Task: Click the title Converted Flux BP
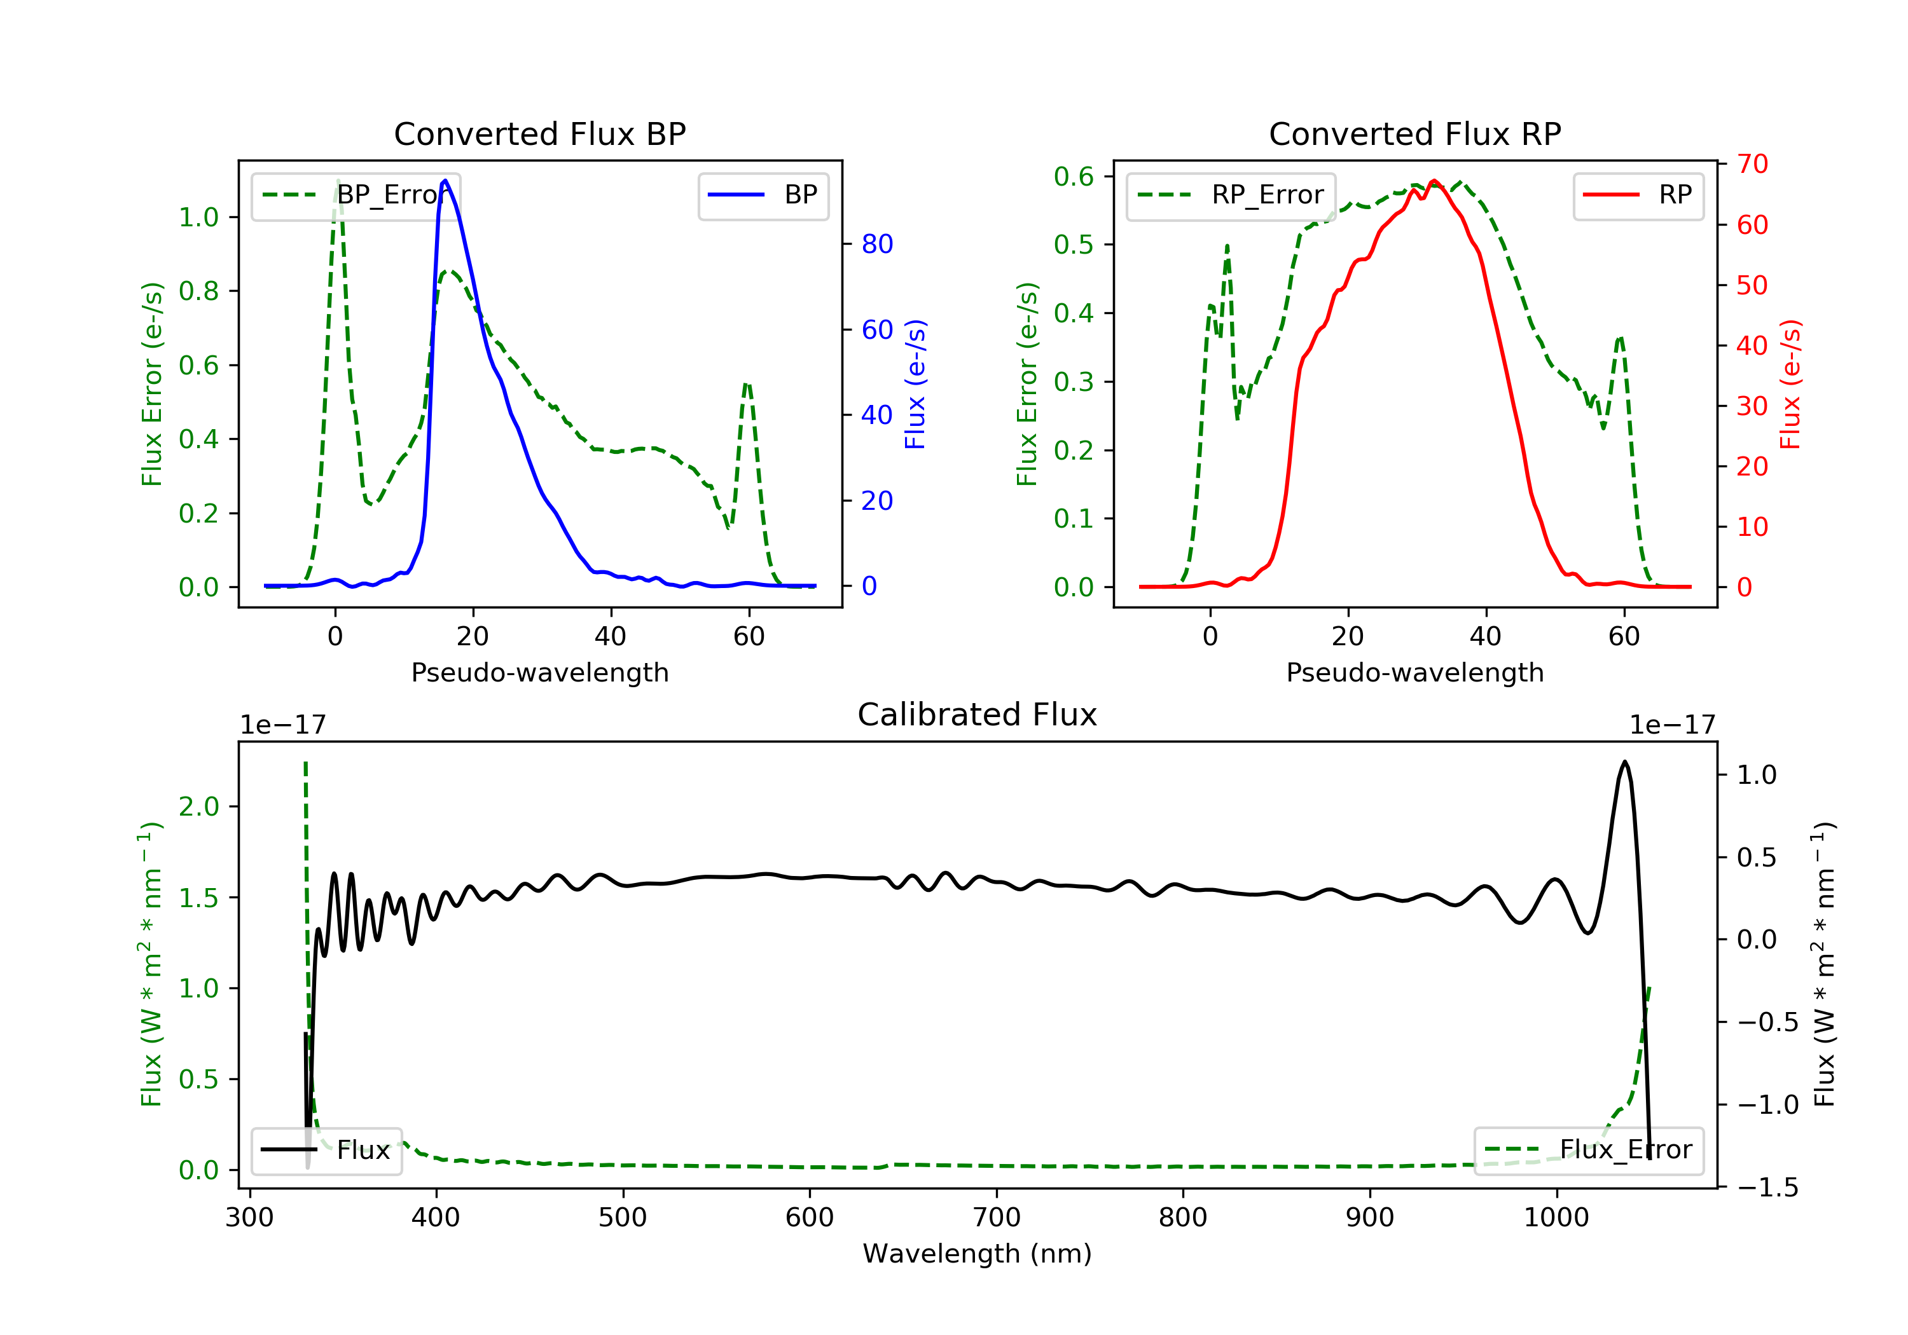click(x=539, y=133)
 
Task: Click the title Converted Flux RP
click(x=1414, y=133)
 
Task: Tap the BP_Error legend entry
click(x=356, y=195)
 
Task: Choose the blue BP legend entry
click(x=763, y=195)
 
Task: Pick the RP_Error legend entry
click(x=1231, y=195)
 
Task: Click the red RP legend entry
click(x=1638, y=195)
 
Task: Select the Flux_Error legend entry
click(x=1588, y=1150)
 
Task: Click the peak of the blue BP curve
click(x=445, y=181)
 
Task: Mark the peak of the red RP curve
click(x=1434, y=181)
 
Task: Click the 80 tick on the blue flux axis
click(x=876, y=244)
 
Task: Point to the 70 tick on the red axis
click(x=1752, y=165)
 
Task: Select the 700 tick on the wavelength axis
click(x=997, y=1218)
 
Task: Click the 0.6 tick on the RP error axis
click(x=1074, y=176)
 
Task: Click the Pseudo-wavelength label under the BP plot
click(x=539, y=672)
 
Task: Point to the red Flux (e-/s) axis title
click(x=1789, y=384)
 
